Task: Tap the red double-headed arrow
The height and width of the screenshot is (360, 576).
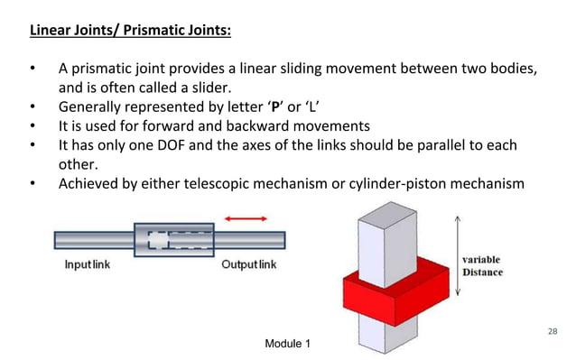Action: (246, 218)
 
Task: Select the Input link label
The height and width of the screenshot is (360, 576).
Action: (87, 265)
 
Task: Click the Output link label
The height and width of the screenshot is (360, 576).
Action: (249, 265)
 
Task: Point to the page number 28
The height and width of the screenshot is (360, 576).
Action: (553, 332)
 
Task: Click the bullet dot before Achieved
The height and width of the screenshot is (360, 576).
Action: (33, 184)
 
